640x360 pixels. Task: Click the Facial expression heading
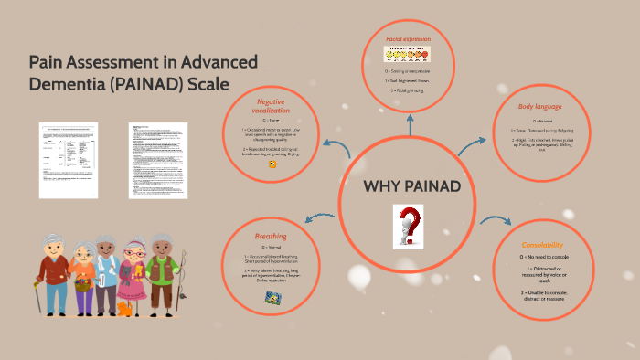tap(408, 39)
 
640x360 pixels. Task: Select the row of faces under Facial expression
tap(409, 56)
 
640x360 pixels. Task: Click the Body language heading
tap(539, 107)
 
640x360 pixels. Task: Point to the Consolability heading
tap(542, 245)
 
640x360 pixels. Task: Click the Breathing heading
tap(271, 237)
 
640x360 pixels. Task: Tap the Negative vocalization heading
tap(271, 105)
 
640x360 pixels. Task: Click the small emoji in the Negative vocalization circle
tap(272, 165)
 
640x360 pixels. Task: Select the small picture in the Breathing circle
tap(272, 296)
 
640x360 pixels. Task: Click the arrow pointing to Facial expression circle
tap(409, 122)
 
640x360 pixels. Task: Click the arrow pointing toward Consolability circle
tap(496, 220)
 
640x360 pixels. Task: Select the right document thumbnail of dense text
tap(158, 160)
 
